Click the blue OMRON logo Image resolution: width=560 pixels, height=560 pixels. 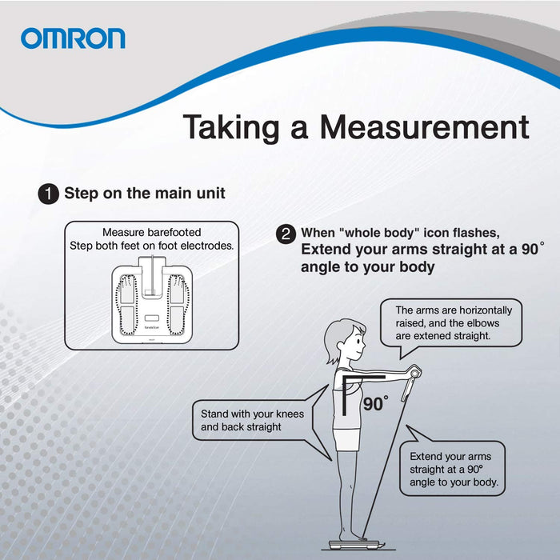tap(73, 38)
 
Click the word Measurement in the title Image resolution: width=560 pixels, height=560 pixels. tap(424, 127)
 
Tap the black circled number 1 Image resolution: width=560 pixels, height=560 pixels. tap(48, 194)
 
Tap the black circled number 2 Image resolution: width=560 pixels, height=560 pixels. tap(286, 234)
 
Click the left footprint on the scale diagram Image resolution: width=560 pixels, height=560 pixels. tap(127, 305)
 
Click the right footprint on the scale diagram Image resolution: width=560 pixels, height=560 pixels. tap(178, 305)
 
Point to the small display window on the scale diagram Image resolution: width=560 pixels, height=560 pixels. tap(152, 318)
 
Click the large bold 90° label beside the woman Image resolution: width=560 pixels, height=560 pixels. tap(376, 404)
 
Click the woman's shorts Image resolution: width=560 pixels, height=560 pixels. tap(346, 440)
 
